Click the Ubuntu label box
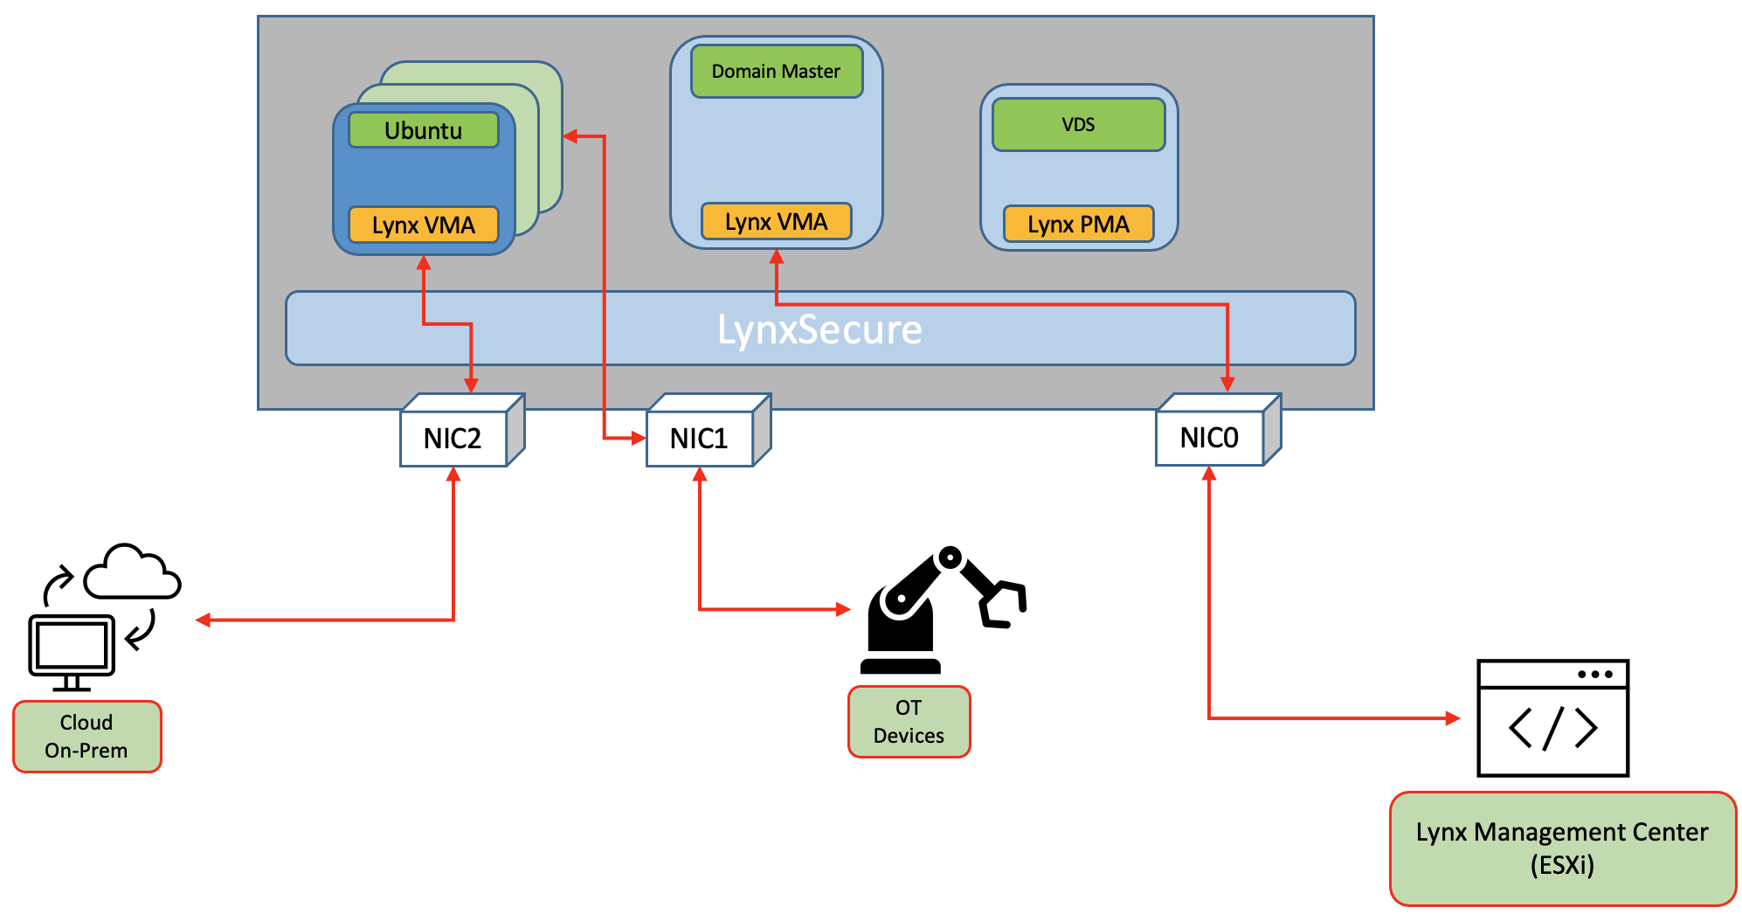424,130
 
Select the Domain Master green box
776,72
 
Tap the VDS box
1078,125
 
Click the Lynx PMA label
1078,225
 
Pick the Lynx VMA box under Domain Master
776,221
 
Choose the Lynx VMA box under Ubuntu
424,225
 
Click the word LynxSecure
819,329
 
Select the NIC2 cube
453,438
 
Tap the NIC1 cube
700,438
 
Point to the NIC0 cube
1209,437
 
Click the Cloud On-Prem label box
87,737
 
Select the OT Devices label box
909,722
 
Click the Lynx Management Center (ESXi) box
1562,848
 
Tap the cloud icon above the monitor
133,574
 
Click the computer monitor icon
72,647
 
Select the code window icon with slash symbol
1552,718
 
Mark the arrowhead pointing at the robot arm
843,609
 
